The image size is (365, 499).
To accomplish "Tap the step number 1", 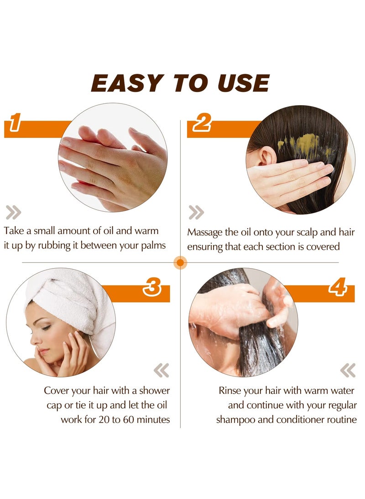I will [x=15, y=123].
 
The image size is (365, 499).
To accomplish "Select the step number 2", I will [x=201, y=123].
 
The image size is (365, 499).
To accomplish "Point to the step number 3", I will [x=151, y=288].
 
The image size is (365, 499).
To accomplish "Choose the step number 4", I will [x=338, y=288].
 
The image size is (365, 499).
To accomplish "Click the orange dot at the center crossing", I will [x=181, y=263].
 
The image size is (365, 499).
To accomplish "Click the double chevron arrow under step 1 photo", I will [x=14, y=212].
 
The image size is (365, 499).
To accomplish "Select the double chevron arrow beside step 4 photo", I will [x=348, y=370].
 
